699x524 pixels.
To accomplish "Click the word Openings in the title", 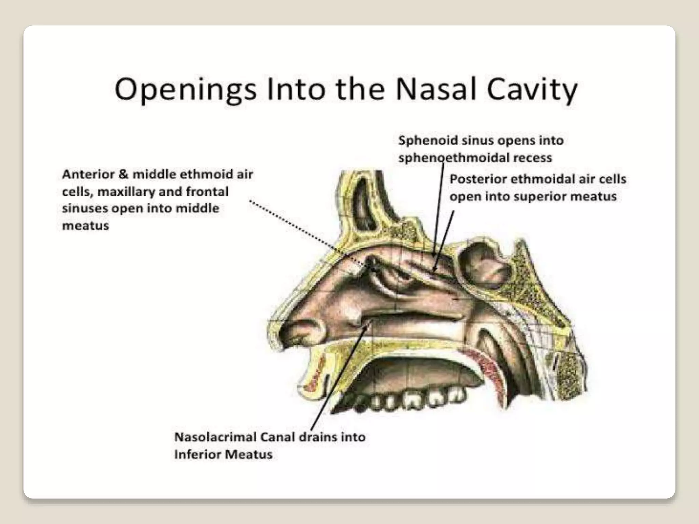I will [x=185, y=89].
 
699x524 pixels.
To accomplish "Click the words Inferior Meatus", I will [x=223, y=454].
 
